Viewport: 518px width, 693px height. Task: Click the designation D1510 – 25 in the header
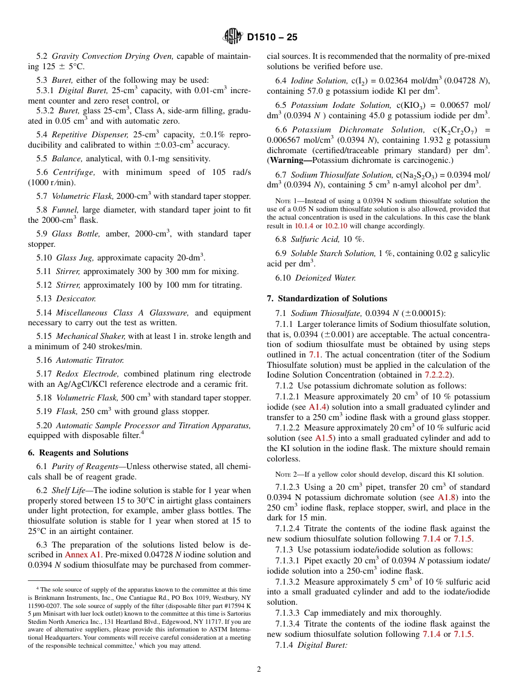[272, 38]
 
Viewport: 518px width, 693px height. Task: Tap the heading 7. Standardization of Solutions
[327, 299]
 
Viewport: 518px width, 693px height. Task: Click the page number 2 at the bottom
[259, 670]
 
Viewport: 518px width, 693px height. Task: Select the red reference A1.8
[448, 497]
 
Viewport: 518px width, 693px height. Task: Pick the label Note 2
[285, 475]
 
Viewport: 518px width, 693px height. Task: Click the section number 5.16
[44, 360]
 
